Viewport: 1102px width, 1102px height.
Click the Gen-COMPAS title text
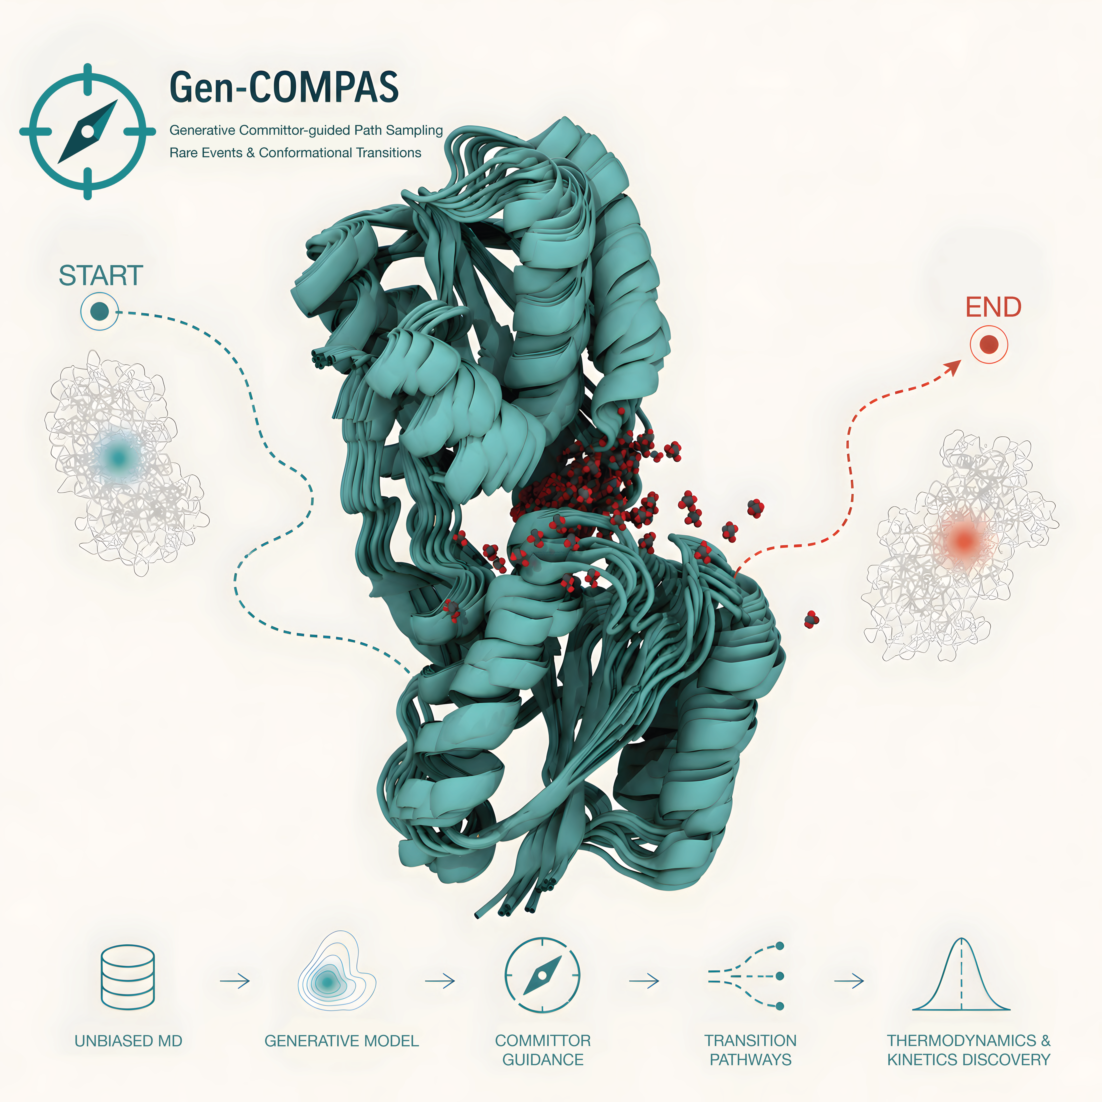point(284,87)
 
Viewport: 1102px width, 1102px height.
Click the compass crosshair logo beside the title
point(87,132)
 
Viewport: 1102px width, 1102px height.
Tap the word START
point(101,276)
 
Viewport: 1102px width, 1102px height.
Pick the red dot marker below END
point(989,344)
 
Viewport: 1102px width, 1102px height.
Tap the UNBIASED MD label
point(128,1041)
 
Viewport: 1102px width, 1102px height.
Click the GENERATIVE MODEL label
point(342,1041)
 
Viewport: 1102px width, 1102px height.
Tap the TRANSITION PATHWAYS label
point(751,1050)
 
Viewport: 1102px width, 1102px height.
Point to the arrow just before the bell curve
point(849,981)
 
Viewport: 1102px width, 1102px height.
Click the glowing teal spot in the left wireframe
point(119,456)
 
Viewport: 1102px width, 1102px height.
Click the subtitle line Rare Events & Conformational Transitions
point(295,153)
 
